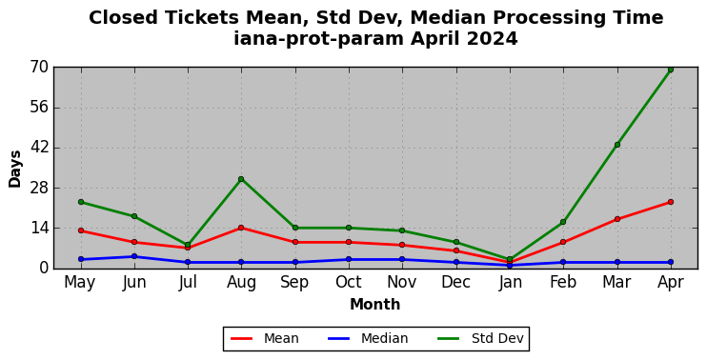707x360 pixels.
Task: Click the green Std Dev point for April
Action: pos(671,70)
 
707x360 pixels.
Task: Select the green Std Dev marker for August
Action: pos(241,179)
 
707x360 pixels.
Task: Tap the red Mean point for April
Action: pos(671,202)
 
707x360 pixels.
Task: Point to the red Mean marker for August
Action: pos(241,228)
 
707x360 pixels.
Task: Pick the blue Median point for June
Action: pos(134,256)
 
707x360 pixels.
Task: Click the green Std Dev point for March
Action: pos(616,145)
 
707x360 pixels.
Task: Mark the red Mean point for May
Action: pos(81,230)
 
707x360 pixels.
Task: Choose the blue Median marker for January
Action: pos(510,265)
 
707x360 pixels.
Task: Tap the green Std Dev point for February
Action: pos(563,222)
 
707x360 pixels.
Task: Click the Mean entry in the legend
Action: pos(265,338)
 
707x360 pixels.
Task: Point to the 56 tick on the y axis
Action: pos(38,108)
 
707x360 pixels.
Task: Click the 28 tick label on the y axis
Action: pos(38,188)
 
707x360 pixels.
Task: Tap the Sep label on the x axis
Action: pos(294,283)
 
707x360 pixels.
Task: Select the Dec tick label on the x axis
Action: pos(455,283)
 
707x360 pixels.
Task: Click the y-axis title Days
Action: pos(15,169)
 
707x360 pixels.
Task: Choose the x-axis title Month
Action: pos(375,305)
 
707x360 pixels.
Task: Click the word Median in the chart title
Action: pos(447,18)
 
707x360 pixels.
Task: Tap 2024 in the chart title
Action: pos(492,39)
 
